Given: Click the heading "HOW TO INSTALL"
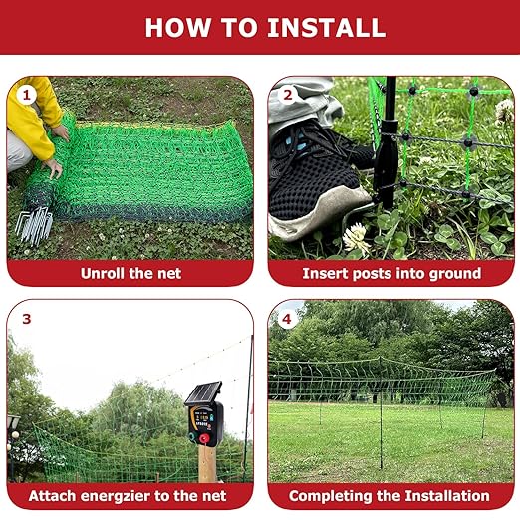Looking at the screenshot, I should click(x=259, y=27).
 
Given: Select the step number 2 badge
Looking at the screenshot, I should click(x=288, y=96).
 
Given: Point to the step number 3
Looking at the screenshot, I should click(x=27, y=319).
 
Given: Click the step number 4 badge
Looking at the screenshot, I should click(x=288, y=319).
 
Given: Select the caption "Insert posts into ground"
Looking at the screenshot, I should click(x=390, y=272).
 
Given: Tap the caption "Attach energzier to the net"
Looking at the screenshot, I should click(x=128, y=495).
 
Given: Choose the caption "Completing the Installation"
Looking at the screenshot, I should click(x=390, y=495).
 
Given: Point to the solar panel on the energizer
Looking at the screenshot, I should click(x=202, y=393).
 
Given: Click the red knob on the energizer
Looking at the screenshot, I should click(x=205, y=438).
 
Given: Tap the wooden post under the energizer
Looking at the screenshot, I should click(x=206, y=464).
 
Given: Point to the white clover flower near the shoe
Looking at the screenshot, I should click(x=356, y=237).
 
